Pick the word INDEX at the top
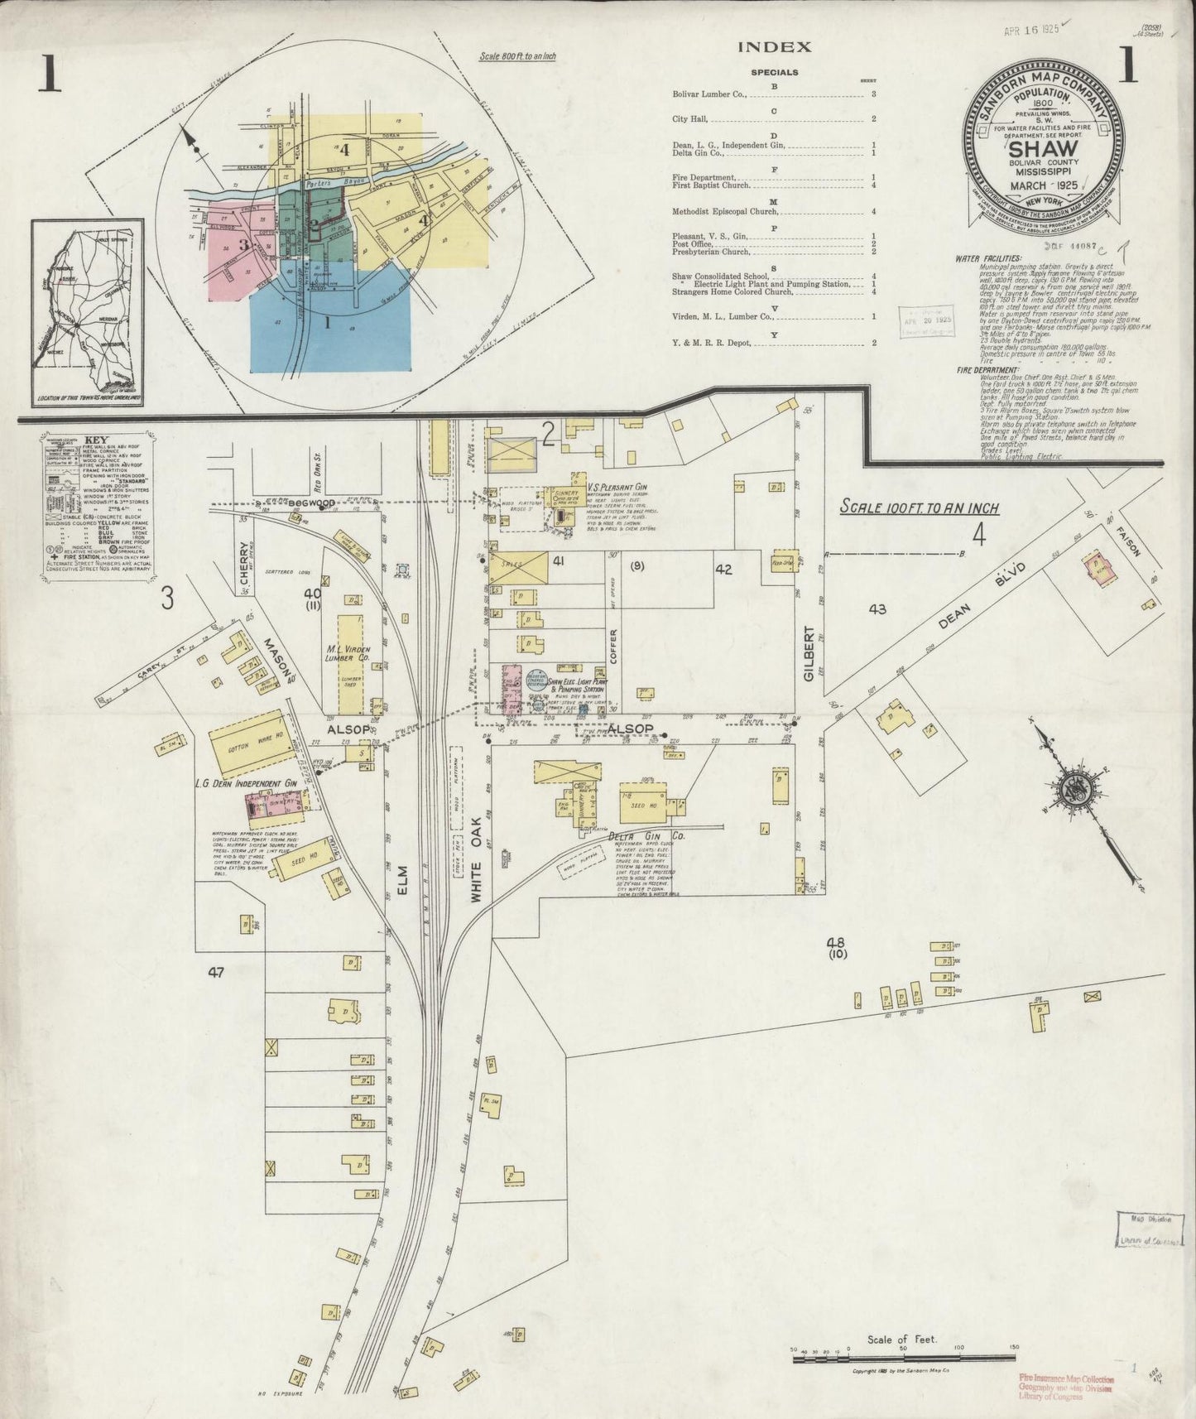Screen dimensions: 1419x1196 (774, 47)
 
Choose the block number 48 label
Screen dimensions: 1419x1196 (835, 942)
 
